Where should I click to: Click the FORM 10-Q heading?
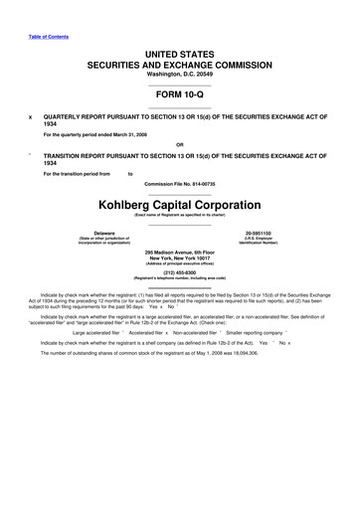(179, 96)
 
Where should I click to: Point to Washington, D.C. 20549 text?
(179, 75)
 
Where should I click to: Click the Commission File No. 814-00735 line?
(179, 185)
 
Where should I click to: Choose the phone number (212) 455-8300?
(179, 275)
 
